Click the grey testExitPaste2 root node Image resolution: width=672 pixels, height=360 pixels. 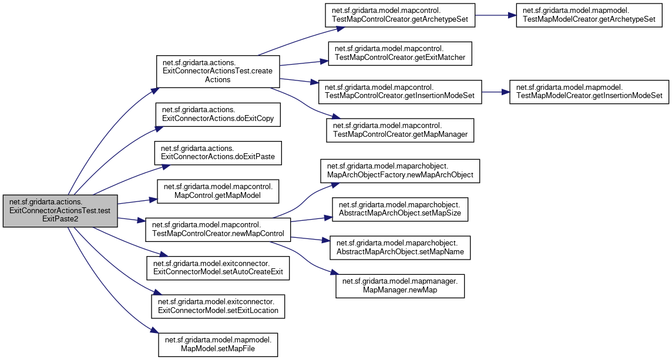pyautogui.click(x=60, y=210)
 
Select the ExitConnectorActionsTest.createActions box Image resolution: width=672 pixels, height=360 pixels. pyautogui.click(x=217, y=72)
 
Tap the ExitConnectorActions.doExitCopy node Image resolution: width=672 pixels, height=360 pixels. pyautogui.click(x=217, y=114)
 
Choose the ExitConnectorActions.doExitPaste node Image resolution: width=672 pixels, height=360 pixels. pyautogui.click(x=218, y=153)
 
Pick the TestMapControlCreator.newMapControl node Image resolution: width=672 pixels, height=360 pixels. pyautogui.click(x=218, y=228)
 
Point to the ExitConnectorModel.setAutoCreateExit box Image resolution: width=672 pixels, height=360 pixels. pyautogui.click(x=218, y=267)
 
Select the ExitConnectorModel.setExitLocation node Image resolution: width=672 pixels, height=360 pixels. pyautogui.click(x=218, y=305)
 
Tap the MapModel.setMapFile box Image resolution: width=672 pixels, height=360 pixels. pyautogui.click(x=218, y=344)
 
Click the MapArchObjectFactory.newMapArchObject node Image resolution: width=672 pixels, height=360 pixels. pyautogui.click(x=399, y=171)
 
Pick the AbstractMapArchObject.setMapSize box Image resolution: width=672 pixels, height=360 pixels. pyautogui.click(x=400, y=209)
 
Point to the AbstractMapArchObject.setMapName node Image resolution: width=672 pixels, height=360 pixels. pyautogui.click(x=400, y=247)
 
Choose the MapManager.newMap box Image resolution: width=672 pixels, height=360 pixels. pyautogui.click(x=400, y=285)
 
